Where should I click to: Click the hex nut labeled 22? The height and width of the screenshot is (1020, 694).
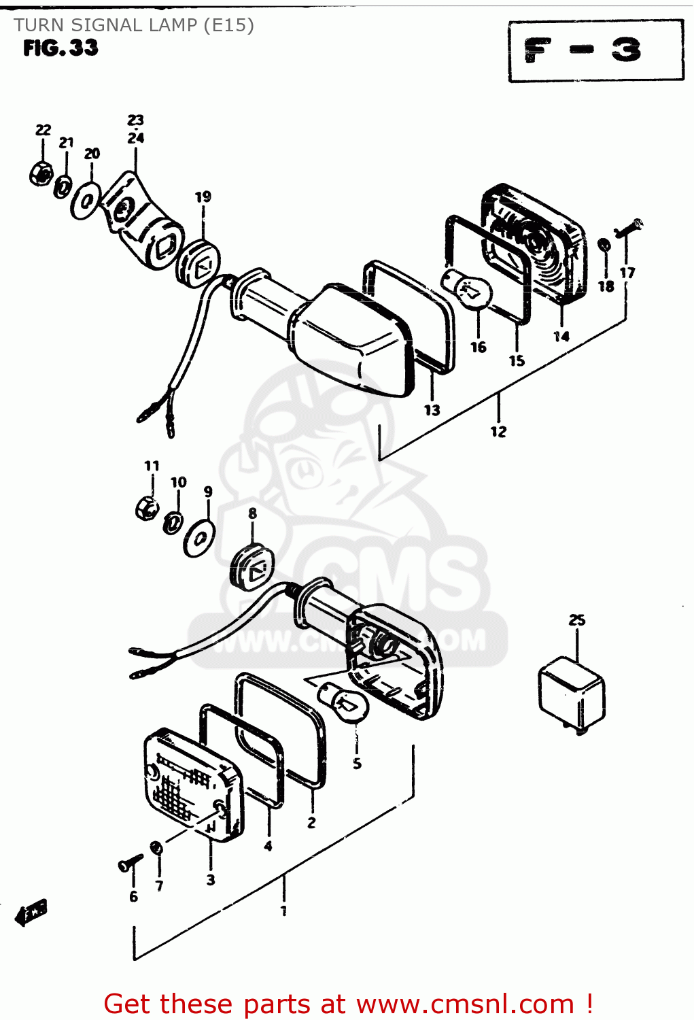(x=41, y=173)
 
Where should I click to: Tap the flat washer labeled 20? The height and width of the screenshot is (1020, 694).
(x=86, y=201)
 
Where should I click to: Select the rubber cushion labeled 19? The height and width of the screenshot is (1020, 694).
(x=199, y=262)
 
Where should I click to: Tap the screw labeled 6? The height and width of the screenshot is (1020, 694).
(x=130, y=864)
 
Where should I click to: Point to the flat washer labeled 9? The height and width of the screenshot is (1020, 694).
(x=200, y=539)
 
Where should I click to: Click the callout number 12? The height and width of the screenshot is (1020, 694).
(x=498, y=431)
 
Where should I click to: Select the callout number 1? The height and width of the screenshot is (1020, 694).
(x=283, y=911)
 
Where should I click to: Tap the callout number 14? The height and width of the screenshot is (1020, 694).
(x=561, y=336)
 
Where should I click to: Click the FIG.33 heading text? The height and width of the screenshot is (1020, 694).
(x=60, y=48)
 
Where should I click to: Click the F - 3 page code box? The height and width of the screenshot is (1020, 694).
(x=595, y=51)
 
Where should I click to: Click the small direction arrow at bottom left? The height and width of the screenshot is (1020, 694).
(x=31, y=913)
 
